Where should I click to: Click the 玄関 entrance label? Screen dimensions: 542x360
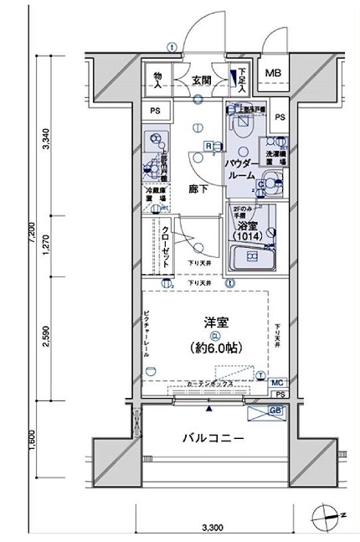[x=201, y=81]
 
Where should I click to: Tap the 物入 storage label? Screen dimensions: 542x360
[x=157, y=80]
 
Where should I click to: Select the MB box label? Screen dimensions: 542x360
[x=274, y=74]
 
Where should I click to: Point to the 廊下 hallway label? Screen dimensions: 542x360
[x=198, y=189]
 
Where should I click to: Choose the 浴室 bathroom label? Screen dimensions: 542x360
[x=246, y=227]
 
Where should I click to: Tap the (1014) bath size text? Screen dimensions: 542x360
[x=248, y=239]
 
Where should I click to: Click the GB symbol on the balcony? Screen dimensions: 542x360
[x=275, y=410]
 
